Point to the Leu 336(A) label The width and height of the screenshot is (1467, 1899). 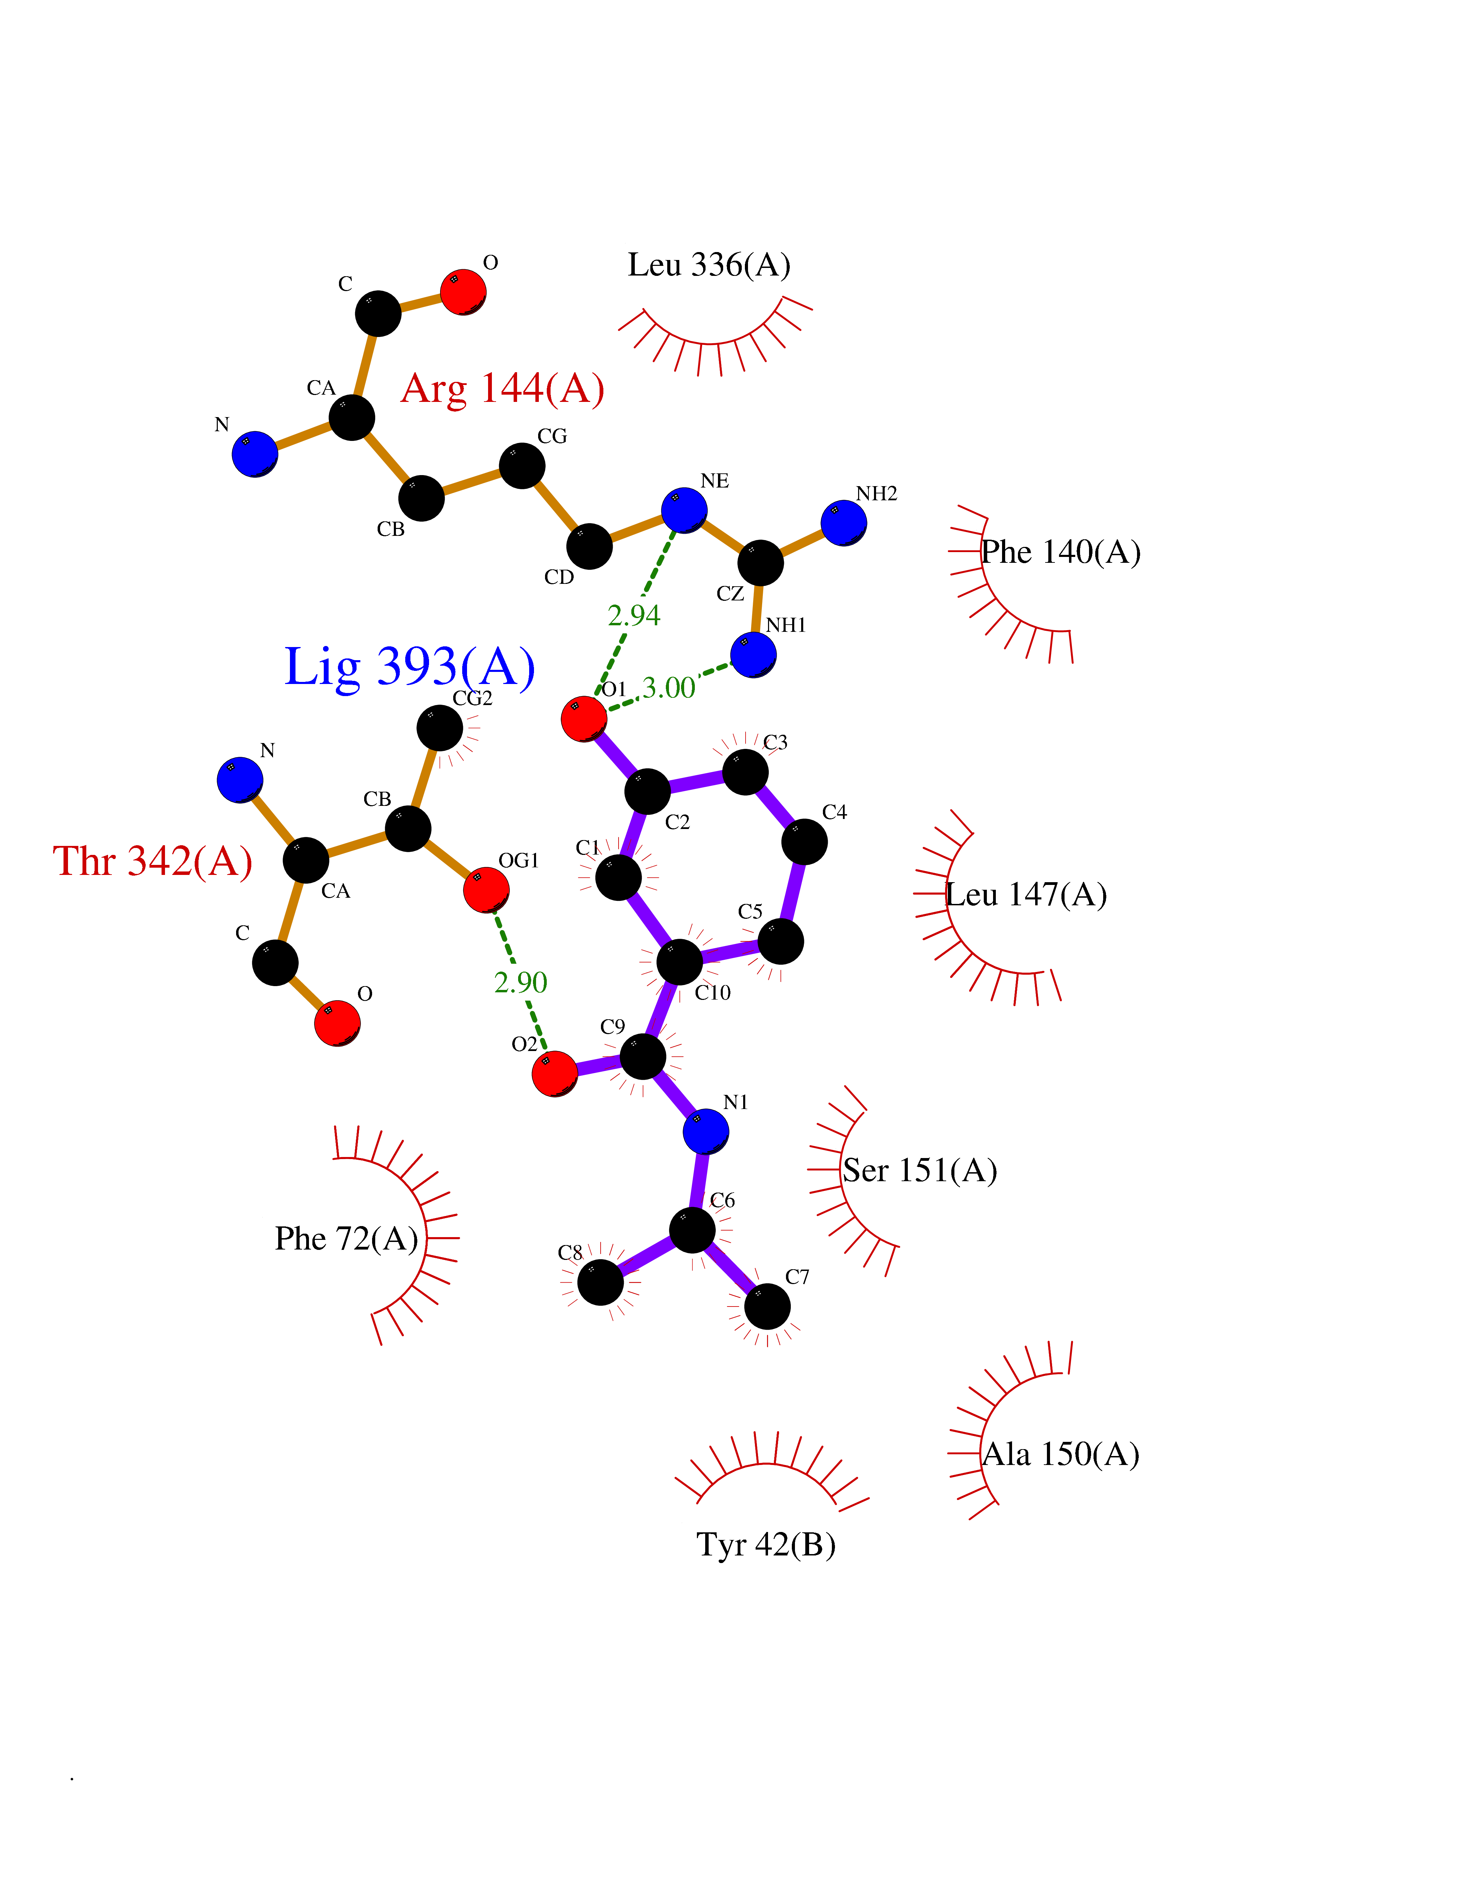(x=709, y=265)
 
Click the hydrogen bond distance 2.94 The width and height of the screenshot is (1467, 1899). (x=633, y=616)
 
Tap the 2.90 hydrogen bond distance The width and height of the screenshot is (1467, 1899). (x=521, y=983)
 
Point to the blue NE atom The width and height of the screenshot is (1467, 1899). (x=684, y=510)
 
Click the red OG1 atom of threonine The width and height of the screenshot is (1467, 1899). (x=486, y=889)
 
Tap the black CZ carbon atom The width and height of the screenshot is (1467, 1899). (x=760, y=562)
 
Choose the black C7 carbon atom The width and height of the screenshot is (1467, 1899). (x=767, y=1306)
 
